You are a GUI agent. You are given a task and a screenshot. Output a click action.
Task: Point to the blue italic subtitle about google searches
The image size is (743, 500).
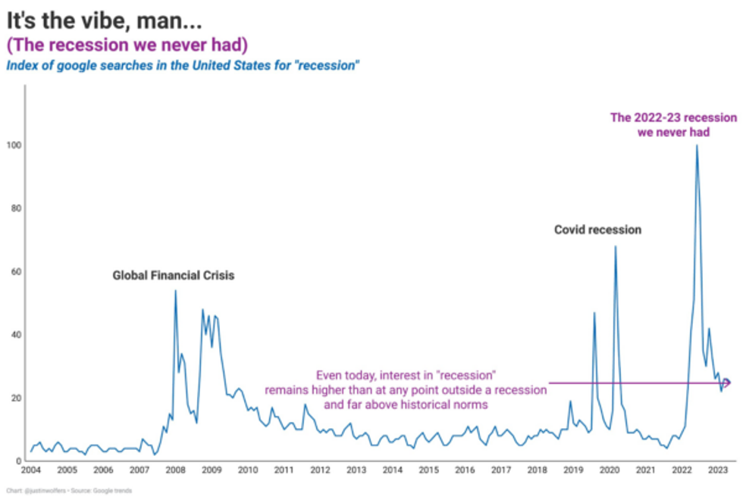[183, 65]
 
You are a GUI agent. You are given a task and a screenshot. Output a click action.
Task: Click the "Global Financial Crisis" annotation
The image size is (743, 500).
[174, 276]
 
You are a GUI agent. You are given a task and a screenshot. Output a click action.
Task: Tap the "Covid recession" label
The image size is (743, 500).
[597, 230]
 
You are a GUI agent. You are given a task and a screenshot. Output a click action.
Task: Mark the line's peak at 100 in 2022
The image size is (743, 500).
[697, 145]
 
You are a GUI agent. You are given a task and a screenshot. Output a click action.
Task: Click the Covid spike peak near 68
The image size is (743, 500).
[615, 246]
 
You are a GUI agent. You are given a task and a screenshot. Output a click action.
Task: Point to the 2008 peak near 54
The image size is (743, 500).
[175, 291]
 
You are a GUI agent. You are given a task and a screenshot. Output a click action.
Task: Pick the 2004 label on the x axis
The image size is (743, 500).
[31, 470]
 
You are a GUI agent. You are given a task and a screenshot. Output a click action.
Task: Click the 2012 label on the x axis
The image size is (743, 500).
[320, 470]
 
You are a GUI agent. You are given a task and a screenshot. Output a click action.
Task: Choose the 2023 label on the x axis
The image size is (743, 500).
[717, 470]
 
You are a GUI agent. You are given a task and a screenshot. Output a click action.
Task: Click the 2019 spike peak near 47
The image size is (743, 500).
[594, 313]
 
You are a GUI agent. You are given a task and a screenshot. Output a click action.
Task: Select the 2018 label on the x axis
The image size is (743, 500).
[537, 470]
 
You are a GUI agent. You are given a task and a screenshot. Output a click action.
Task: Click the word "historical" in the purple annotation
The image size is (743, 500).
[434, 405]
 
